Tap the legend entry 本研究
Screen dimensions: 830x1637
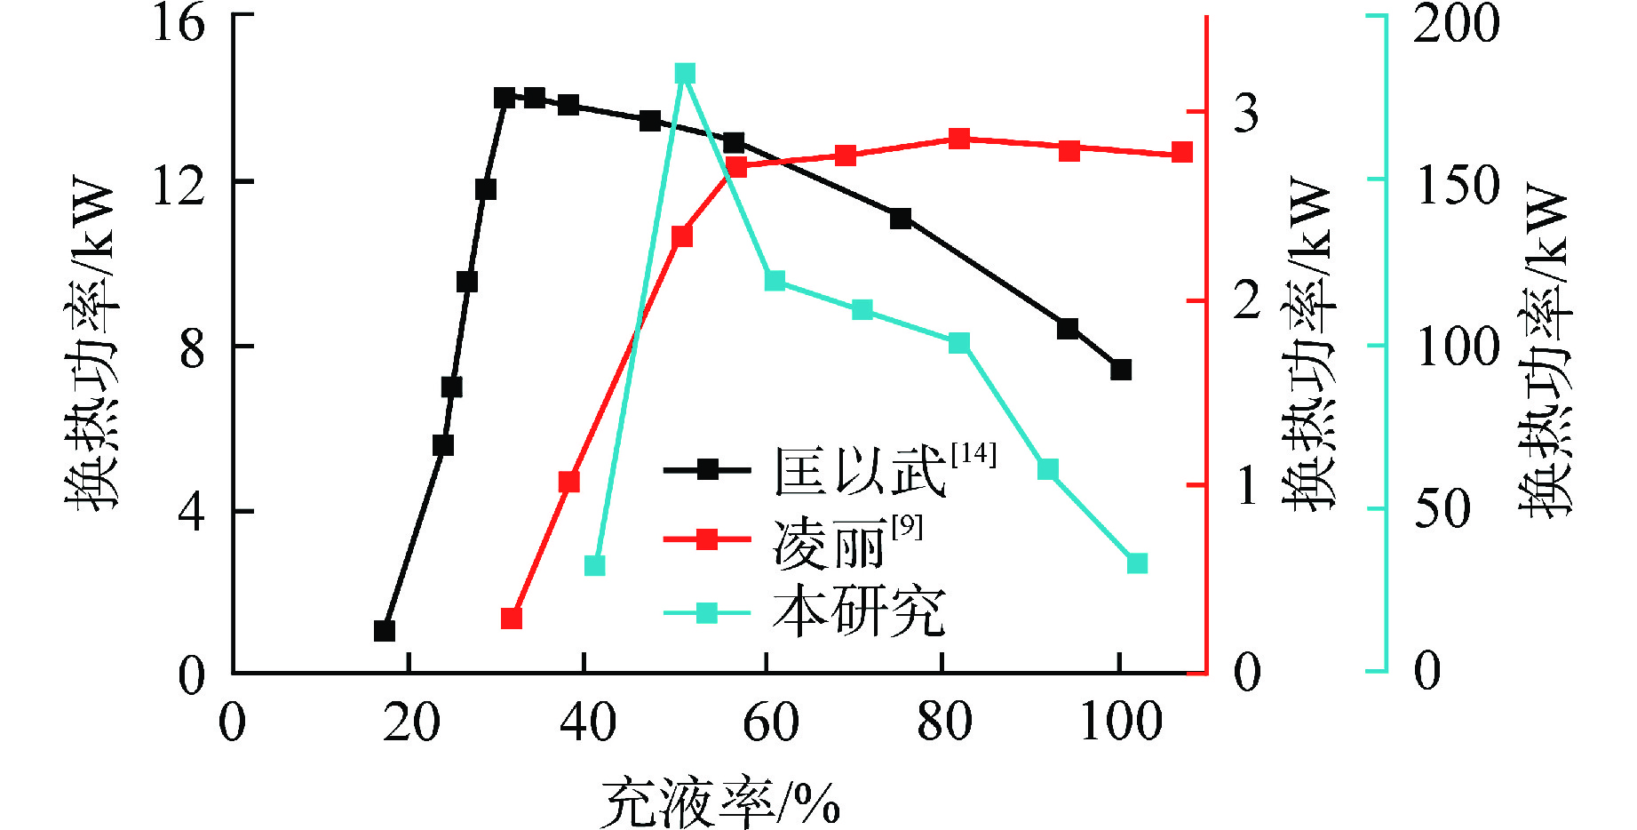pos(858,612)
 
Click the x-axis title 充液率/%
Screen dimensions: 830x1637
pos(720,802)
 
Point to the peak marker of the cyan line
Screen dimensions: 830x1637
pos(685,74)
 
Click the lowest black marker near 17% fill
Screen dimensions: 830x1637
pos(385,631)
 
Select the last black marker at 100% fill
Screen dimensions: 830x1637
pos(1121,370)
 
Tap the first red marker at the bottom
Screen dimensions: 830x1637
pos(512,619)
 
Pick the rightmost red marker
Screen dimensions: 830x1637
pos(1182,153)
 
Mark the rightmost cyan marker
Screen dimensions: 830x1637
pos(1137,563)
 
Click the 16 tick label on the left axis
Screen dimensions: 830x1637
pos(179,21)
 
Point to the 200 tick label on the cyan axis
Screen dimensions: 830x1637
pos(1456,23)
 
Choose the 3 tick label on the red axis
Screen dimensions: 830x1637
pos(1246,113)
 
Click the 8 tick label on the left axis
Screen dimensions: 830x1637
pos(192,349)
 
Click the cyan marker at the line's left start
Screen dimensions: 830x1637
pos(595,566)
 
